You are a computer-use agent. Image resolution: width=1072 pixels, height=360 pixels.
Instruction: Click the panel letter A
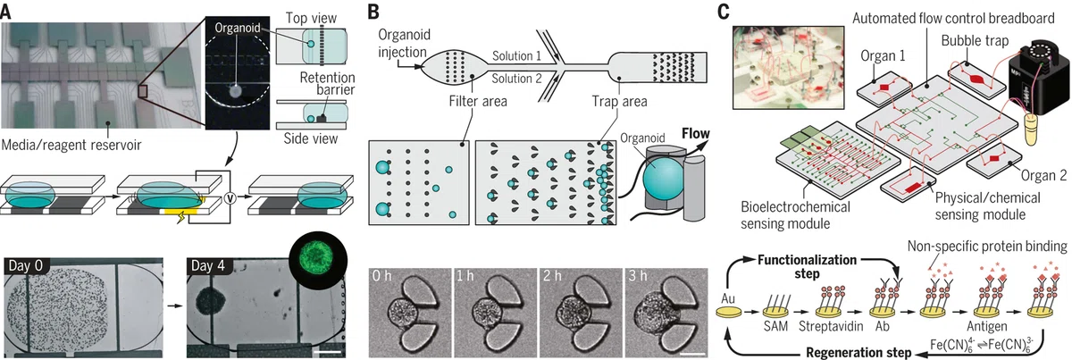(5, 12)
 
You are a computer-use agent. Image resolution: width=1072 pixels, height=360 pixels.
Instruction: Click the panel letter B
(373, 12)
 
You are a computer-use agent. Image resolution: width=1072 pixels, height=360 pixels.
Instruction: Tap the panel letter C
(723, 12)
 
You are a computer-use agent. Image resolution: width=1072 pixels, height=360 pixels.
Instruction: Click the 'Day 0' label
(26, 265)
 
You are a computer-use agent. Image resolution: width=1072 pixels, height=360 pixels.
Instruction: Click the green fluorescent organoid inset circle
(318, 257)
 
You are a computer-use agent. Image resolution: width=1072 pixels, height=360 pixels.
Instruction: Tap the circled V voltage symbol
(230, 197)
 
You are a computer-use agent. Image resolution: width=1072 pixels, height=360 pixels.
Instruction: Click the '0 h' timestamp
(382, 276)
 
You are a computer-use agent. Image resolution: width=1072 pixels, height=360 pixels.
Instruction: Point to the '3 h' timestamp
(638, 276)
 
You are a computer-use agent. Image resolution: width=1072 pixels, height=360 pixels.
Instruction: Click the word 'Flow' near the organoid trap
(696, 134)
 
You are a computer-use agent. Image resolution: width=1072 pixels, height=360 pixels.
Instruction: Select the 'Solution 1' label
(517, 56)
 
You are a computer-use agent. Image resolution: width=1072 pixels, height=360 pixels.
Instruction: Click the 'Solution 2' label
(517, 79)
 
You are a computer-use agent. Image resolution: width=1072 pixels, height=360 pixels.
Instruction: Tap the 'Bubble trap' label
(975, 41)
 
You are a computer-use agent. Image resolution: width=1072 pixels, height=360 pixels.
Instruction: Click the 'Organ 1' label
(883, 56)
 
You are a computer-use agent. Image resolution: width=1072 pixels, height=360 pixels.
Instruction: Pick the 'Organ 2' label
(1043, 176)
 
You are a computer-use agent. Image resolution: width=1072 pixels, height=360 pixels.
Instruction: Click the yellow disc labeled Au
(729, 312)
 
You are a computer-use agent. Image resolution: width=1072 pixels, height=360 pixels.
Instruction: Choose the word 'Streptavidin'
(831, 326)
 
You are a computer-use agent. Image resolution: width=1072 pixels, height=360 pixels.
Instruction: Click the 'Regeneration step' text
(858, 353)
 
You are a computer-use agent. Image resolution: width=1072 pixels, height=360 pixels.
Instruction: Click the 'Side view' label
(311, 138)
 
